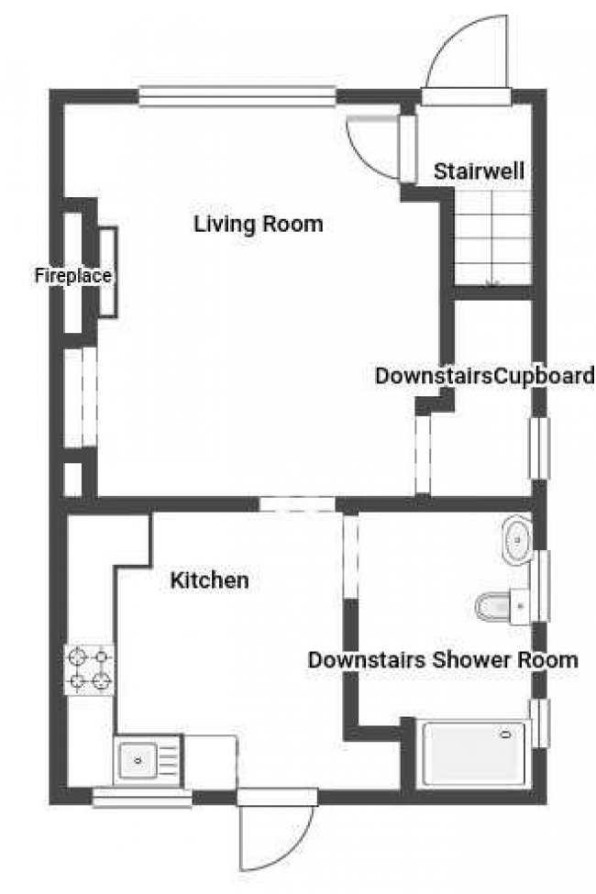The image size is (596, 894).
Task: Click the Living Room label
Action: click(x=259, y=224)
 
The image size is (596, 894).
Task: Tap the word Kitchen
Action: click(x=209, y=580)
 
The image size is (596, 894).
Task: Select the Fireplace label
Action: click(x=73, y=276)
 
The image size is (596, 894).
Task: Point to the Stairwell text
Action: click(x=479, y=171)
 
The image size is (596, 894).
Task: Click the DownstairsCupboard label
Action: click(x=485, y=376)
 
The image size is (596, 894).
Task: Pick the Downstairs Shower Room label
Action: click(x=443, y=659)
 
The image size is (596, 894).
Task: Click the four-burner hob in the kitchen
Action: click(x=90, y=669)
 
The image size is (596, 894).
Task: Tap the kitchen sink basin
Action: click(x=138, y=760)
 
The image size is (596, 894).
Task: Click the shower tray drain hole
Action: click(x=505, y=734)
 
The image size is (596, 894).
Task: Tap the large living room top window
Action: click(x=237, y=96)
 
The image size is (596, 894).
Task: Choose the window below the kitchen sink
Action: click(x=142, y=797)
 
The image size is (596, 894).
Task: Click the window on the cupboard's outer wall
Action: click(x=539, y=448)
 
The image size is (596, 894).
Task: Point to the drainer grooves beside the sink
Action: click(x=169, y=760)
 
